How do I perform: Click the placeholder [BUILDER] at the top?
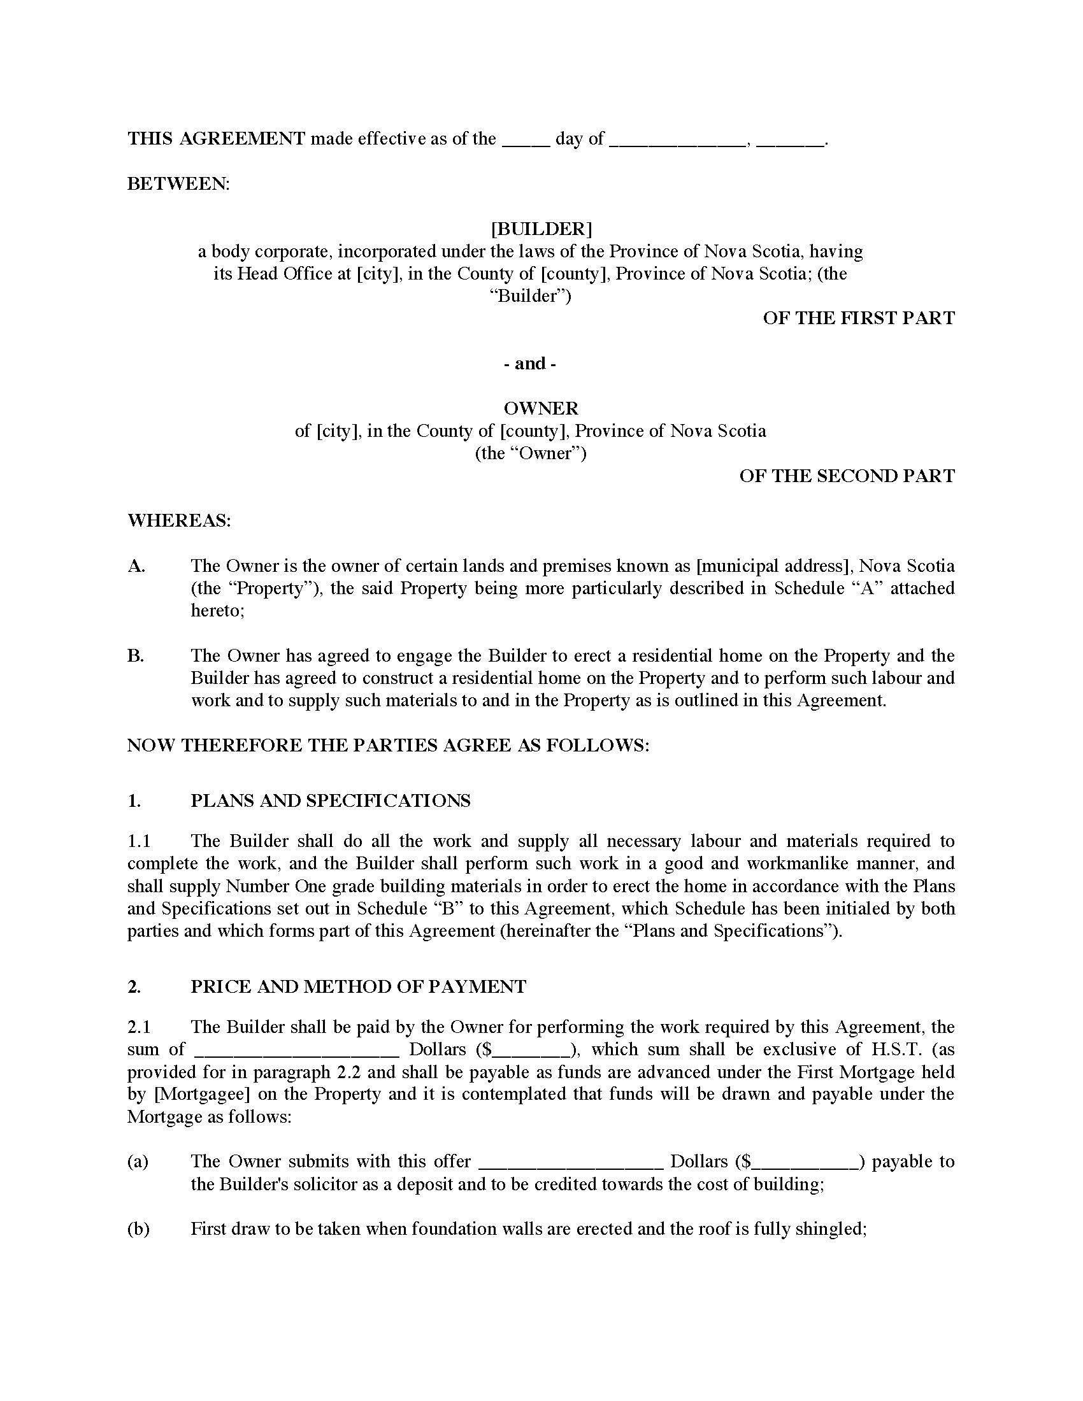541,229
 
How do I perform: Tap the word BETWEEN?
178,183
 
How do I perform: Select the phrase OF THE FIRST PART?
859,318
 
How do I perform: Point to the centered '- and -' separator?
530,364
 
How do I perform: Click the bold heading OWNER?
541,408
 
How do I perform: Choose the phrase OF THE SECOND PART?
847,475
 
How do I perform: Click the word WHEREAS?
179,520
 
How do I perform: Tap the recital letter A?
136,565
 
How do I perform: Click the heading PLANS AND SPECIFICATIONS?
331,800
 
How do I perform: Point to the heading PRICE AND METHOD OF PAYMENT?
358,986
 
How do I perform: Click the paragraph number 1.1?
139,841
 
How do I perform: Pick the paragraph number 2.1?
139,1027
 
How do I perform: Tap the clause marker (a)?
138,1161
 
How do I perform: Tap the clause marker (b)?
138,1228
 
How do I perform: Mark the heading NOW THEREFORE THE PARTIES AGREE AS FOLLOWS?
388,746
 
